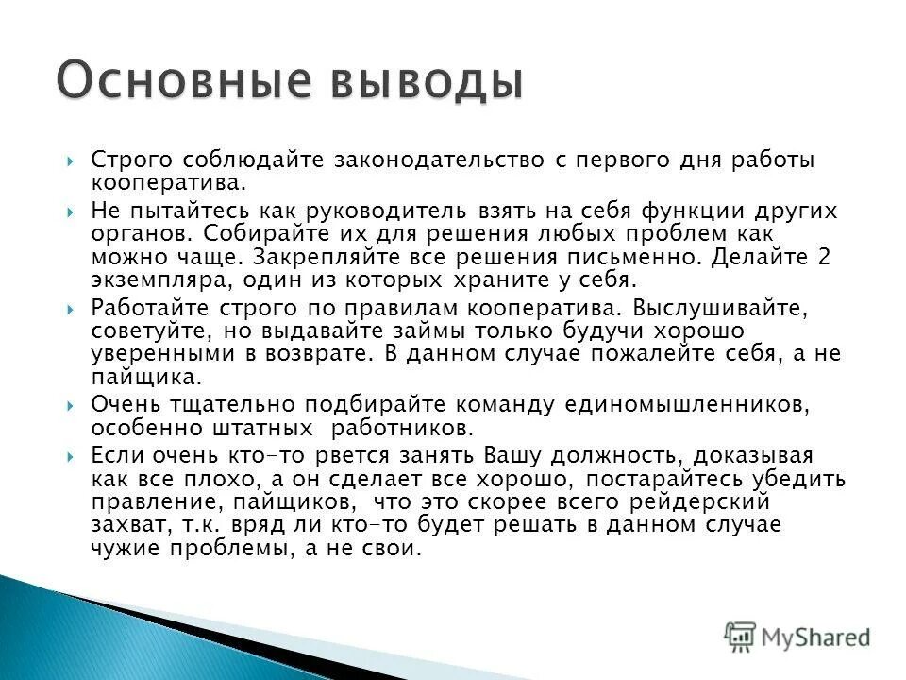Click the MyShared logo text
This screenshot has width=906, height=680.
point(816,637)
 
